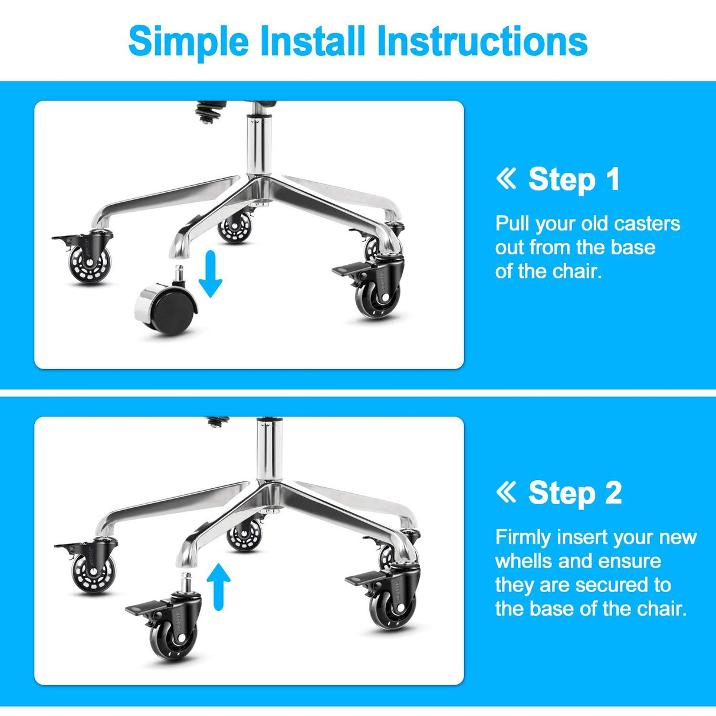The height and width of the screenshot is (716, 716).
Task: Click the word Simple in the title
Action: click(x=188, y=41)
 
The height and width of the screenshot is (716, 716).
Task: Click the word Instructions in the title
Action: click(x=482, y=41)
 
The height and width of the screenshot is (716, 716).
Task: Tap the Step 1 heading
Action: click(x=573, y=179)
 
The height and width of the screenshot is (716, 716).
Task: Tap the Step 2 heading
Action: click(x=574, y=492)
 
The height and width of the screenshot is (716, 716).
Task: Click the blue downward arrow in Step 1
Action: click(x=210, y=274)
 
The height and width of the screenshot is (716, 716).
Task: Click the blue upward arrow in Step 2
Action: click(x=219, y=586)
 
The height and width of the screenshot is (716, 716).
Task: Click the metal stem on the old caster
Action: click(x=177, y=274)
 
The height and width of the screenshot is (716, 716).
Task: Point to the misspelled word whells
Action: click(x=519, y=561)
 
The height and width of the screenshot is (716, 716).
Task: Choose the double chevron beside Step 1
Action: click(x=506, y=179)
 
